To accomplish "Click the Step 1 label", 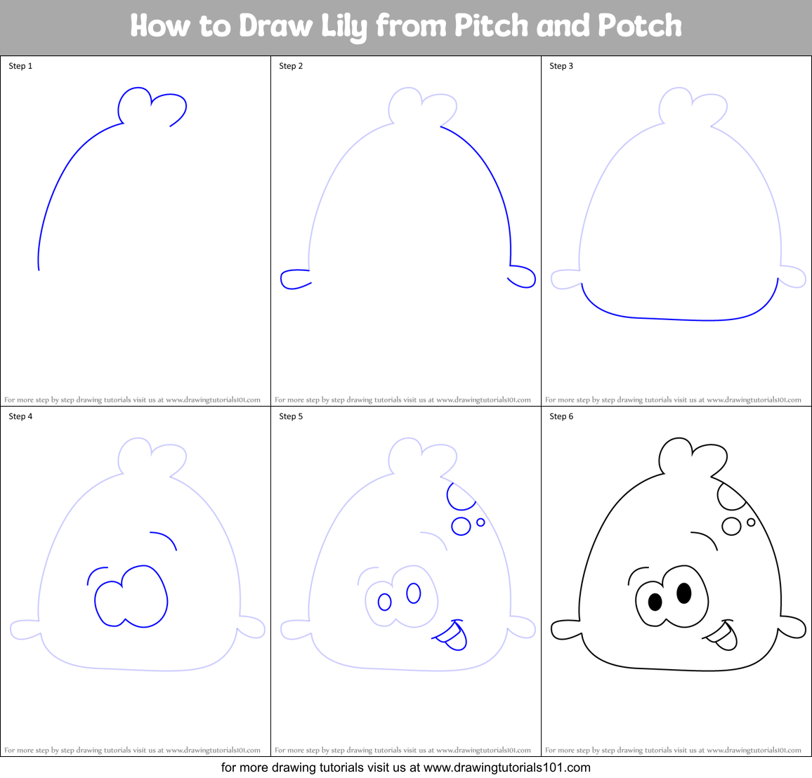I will (20, 66).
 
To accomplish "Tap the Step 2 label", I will (291, 66).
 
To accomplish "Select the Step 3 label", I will (561, 66).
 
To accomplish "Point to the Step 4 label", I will (20, 416).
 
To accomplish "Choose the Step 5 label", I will (291, 416).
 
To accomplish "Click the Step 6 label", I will (561, 416).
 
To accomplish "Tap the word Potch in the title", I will (639, 27).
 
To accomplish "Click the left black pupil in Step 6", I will (655, 602).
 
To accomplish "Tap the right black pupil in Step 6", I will (683, 593).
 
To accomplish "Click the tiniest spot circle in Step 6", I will (751, 522).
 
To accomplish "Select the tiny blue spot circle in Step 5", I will (480, 522).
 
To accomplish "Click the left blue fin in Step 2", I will (293, 279).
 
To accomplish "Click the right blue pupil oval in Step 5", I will (413, 593).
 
